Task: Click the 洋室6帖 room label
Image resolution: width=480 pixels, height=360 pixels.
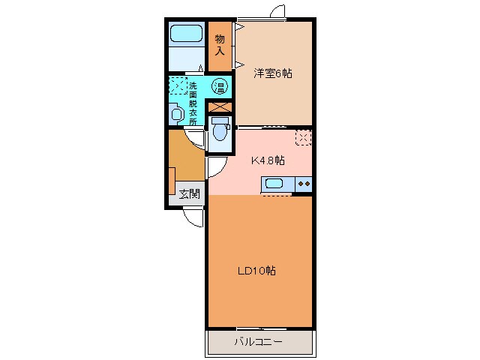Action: [272, 73]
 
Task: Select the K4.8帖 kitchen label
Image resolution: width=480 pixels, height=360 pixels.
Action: [267, 160]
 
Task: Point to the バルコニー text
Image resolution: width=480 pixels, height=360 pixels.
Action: [257, 341]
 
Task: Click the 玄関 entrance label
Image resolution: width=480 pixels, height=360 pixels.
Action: [189, 194]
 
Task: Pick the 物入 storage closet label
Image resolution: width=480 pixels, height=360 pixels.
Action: [220, 44]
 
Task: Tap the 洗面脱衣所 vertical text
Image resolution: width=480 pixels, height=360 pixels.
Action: [193, 102]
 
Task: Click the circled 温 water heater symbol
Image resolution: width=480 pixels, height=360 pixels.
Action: [220, 85]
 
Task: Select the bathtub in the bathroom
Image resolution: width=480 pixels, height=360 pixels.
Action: [185, 34]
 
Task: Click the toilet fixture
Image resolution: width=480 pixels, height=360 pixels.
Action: [220, 129]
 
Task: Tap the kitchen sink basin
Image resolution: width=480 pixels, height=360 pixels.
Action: [273, 183]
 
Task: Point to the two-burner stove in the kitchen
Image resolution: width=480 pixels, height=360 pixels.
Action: [304, 183]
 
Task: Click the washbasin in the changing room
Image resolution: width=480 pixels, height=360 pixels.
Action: [178, 115]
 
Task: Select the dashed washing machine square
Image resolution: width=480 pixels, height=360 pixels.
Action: [178, 85]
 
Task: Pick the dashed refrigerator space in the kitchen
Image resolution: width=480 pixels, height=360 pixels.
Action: [303, 137]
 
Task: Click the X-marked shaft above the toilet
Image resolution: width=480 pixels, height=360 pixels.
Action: [220, 106]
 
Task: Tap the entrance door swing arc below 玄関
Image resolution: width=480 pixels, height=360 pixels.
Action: [193, 217]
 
